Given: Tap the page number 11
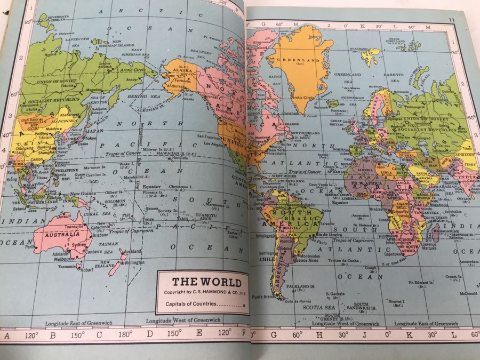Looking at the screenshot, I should tap(451, 20).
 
